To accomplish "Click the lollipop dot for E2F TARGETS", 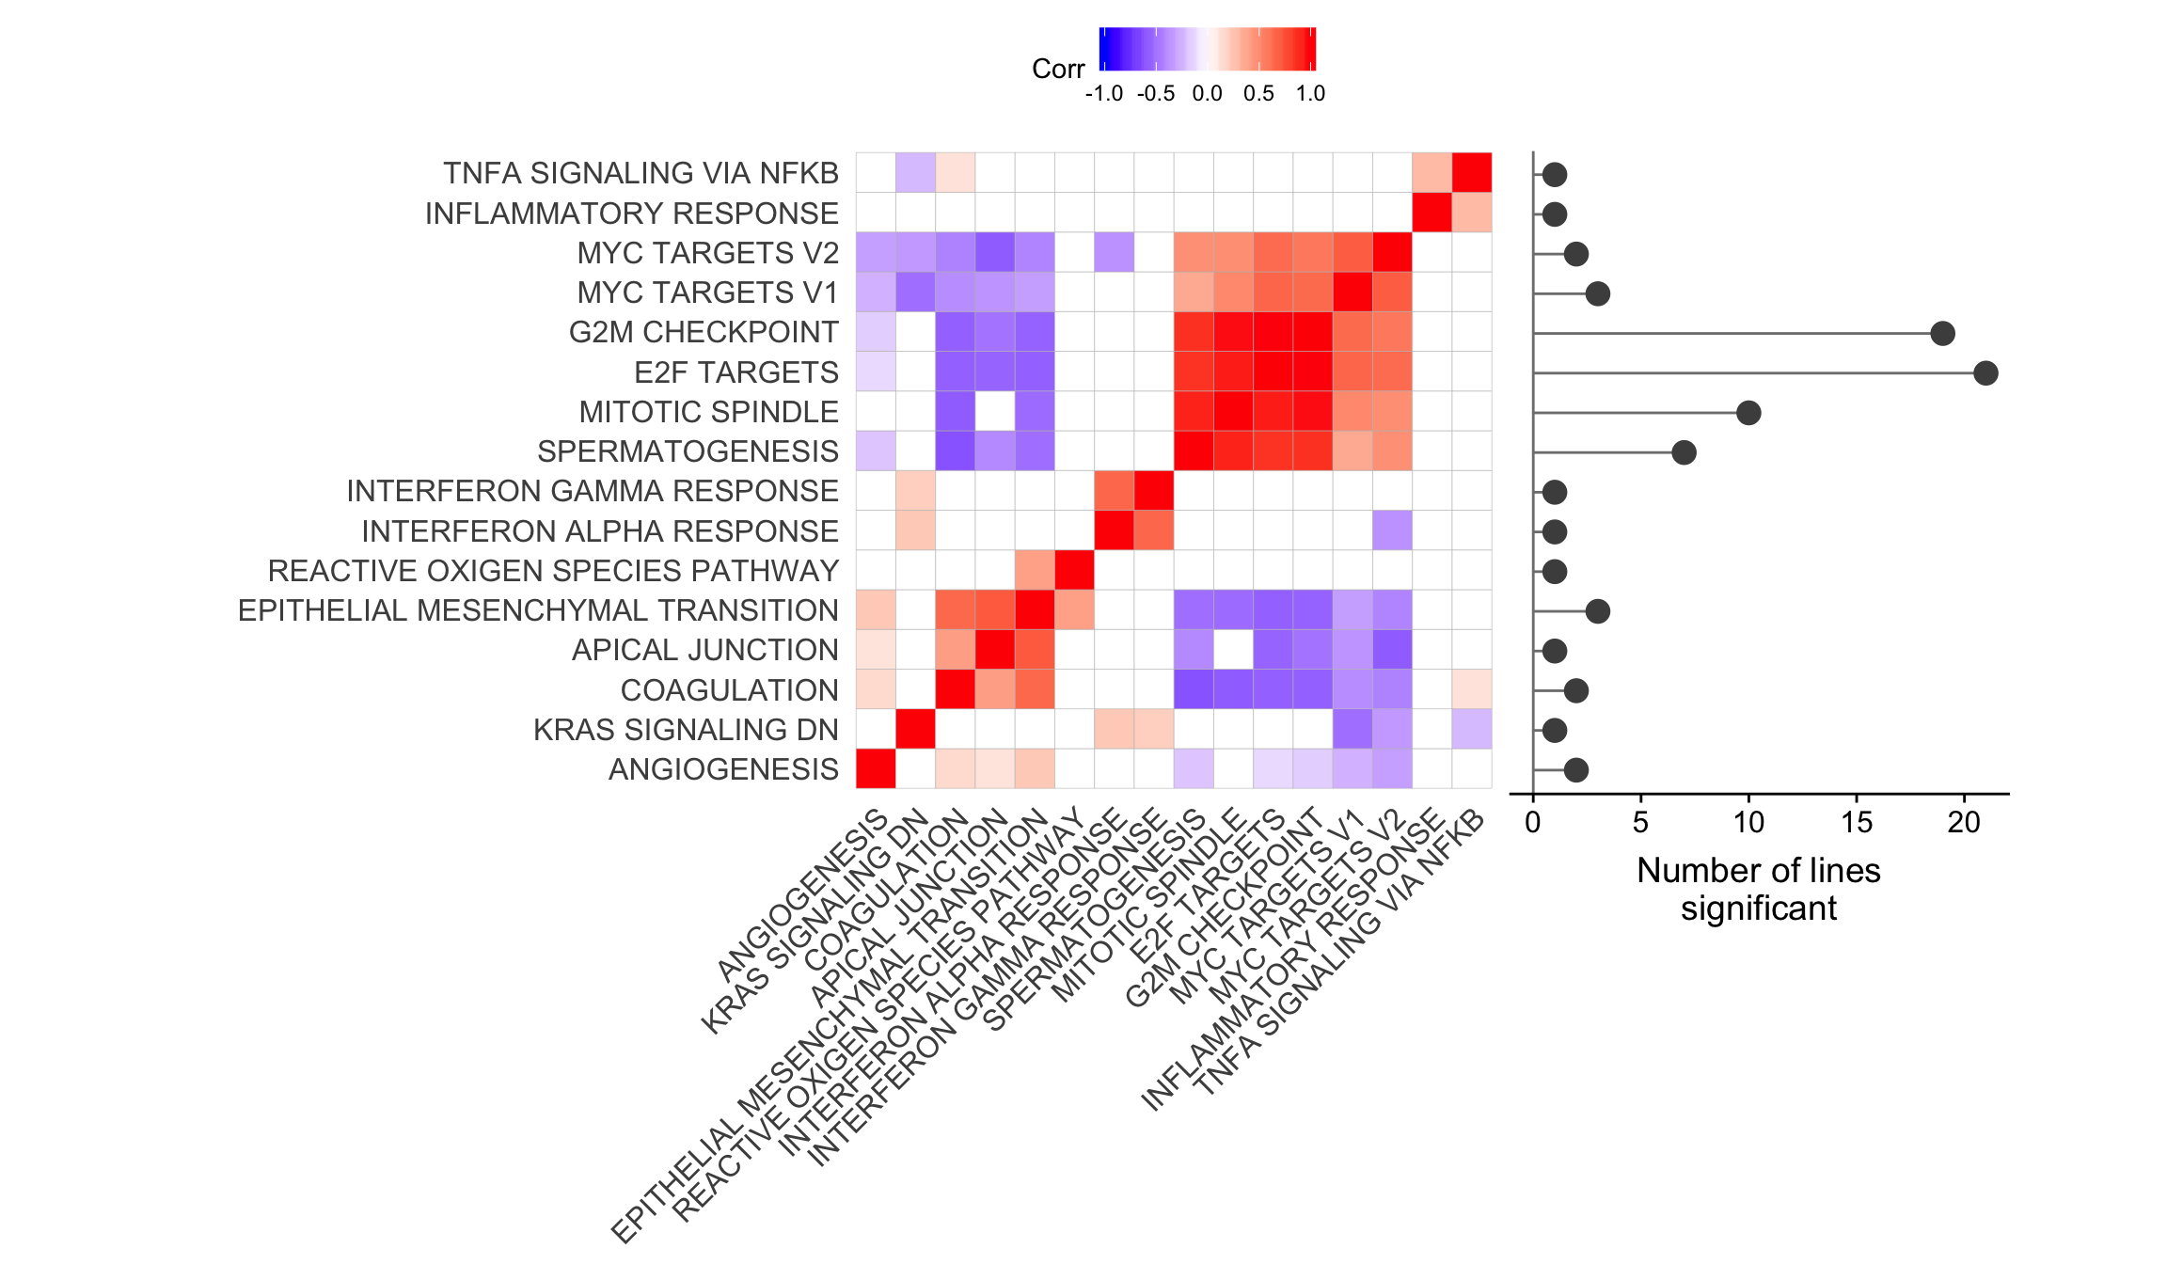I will (x=1985, y=373).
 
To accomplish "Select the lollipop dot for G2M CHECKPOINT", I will (x=1942, y=333).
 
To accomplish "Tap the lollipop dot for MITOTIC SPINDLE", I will (x=1748, y=413).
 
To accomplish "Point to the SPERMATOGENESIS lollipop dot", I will (x=1684, y=452).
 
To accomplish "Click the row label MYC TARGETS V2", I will (x=707, y=254).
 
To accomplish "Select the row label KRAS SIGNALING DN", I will (x=686, y=730).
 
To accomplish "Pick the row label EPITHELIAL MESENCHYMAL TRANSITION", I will (x=538, y=610).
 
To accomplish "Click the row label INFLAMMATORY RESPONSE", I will (x=631, y=213).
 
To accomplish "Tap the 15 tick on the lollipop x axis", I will (x=1857, y=823).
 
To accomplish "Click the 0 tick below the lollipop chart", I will (x=1533, y=823).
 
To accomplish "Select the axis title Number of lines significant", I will (x=1758, y=889).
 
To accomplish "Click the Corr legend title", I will (x=1058, y=69).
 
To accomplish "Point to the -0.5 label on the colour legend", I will (x=1156, y=94).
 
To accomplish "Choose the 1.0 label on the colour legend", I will (x=1310, y=94).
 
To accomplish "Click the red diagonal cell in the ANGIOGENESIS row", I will (x=876, y=768).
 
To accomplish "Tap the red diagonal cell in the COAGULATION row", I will (x=955, y=689).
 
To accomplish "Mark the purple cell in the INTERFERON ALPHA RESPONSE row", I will (x=1392, y=530).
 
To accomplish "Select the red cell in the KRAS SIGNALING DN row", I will (x=915, y=729).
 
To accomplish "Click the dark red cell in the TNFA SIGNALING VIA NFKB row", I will (x=1472, y=172).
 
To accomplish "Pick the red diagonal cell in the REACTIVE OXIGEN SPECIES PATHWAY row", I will (x=1074, y=570).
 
